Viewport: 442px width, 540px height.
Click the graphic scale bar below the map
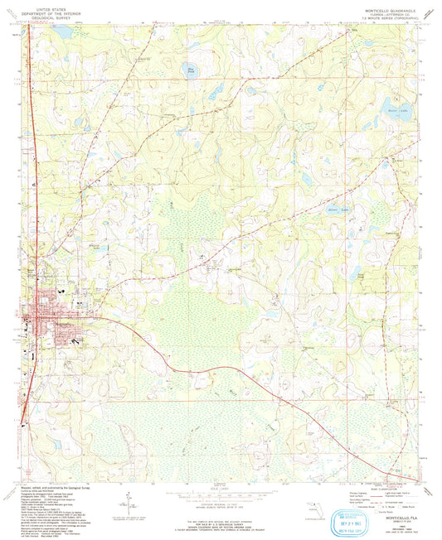[x=220, y=490]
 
